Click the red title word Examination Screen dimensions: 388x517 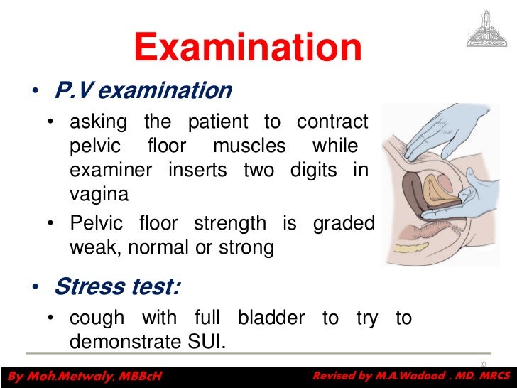point(249,48)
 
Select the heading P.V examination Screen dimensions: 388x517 point(143,90)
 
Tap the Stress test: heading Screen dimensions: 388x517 point(117,286)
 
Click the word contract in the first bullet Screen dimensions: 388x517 point(332,122)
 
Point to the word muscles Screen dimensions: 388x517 point(249,146)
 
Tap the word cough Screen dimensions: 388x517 point(97,318)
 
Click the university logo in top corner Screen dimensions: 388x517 point(486,29)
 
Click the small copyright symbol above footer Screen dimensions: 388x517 point(484,364)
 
